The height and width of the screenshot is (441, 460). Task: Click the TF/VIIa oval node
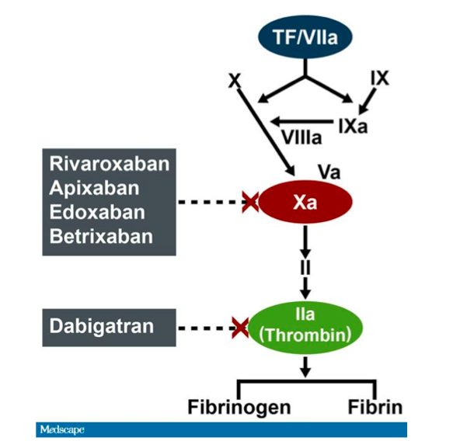(305, 37)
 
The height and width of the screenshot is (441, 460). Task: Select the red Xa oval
(305, 202)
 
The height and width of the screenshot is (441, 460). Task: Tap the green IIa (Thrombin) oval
(305, 328)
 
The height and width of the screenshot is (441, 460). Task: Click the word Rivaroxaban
(110, 163)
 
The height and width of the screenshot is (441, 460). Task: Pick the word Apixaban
(94, 188)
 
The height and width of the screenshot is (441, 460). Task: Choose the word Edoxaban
(97, 212)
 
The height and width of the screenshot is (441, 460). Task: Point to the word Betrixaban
(101, 236)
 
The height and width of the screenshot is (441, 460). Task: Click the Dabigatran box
(109, 328)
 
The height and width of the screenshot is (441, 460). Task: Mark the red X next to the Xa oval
(250, 202)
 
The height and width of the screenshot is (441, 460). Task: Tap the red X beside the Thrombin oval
(240, 328)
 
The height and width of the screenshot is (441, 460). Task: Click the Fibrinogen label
(239, 408)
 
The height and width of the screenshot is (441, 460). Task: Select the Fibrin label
(375, 407)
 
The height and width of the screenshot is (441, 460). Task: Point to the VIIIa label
(301, 137)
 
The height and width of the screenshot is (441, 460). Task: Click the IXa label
(353, 127)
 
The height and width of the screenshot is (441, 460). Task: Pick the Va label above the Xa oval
(329, 172)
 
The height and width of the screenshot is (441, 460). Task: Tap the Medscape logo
(62, 429)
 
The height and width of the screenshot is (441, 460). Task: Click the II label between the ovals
(305, 267)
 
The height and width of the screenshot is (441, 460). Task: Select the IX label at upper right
(380, 78)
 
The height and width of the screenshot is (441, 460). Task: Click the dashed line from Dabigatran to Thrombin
(205, 328)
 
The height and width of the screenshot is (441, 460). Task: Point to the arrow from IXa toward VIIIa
(301, 121)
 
